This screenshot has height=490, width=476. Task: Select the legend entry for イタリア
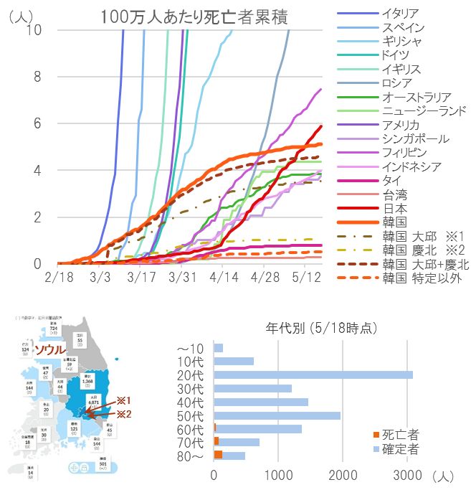(401, 14)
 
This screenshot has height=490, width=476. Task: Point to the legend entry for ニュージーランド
(424, 110)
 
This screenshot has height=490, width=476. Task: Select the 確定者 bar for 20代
(313, 374)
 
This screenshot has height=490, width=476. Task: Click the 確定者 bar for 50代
(277, 415)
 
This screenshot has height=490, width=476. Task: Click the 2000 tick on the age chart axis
(343, 476)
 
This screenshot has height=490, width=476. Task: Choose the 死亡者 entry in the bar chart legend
(399, 435)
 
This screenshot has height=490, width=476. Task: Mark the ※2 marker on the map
(124, 413)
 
